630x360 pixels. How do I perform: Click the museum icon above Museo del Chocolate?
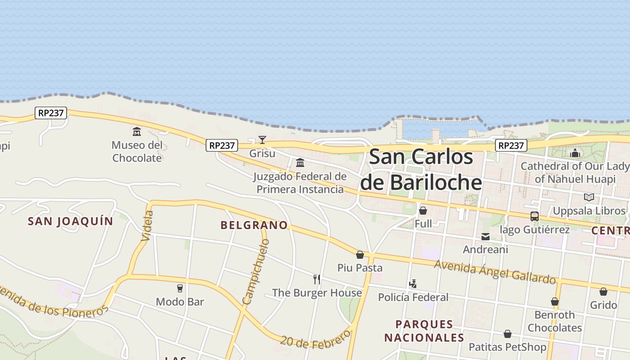click(x=137, y=132)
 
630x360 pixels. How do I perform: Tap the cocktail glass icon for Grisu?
click(x=262, y=140)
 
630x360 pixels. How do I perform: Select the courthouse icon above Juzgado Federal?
click(x=300, y=162)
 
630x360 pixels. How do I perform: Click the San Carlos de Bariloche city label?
click(x=421, y=170)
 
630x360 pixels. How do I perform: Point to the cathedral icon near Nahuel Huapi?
click(x=575, y=153)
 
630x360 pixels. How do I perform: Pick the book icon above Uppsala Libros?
click(x=589, y=197)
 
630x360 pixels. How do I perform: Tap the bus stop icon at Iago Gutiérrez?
click(x=535, y=216)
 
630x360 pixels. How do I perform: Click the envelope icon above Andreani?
click(x=486, y=237)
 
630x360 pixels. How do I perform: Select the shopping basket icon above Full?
click(x=423, y=211)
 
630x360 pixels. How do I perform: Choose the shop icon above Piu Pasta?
click(x=360, y=255)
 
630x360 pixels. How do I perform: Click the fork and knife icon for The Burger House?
click(x=317, y=279)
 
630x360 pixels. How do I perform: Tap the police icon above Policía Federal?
click(x=413, y=284)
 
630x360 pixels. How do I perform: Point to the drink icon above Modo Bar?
click(x=180, y=288)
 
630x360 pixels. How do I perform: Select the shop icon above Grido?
click(x=603, y=292)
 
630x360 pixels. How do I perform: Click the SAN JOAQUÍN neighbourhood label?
click(x=71, y=221)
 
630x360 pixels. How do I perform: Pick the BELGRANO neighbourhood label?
click(x=254, y=225)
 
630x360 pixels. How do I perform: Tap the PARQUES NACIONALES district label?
click(x=424, y=331)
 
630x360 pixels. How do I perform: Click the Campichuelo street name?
click(x=256, y=271)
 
